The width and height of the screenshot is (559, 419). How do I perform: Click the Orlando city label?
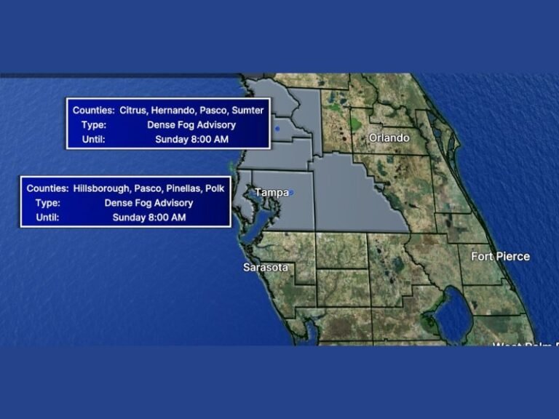389,137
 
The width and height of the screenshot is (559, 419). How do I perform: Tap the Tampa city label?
271,192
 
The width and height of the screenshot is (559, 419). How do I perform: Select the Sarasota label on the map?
265,268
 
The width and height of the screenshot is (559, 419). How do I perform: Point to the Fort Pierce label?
500,256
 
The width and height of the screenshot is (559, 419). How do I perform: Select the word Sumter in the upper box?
249,111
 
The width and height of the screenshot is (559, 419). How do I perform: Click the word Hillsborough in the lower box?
101,188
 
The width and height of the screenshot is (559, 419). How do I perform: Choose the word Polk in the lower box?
215,188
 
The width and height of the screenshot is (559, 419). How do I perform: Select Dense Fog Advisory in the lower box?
148,203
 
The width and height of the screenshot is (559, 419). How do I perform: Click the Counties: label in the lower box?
47,188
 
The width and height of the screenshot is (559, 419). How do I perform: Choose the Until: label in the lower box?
47,218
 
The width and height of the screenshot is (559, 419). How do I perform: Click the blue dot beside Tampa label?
291,193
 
